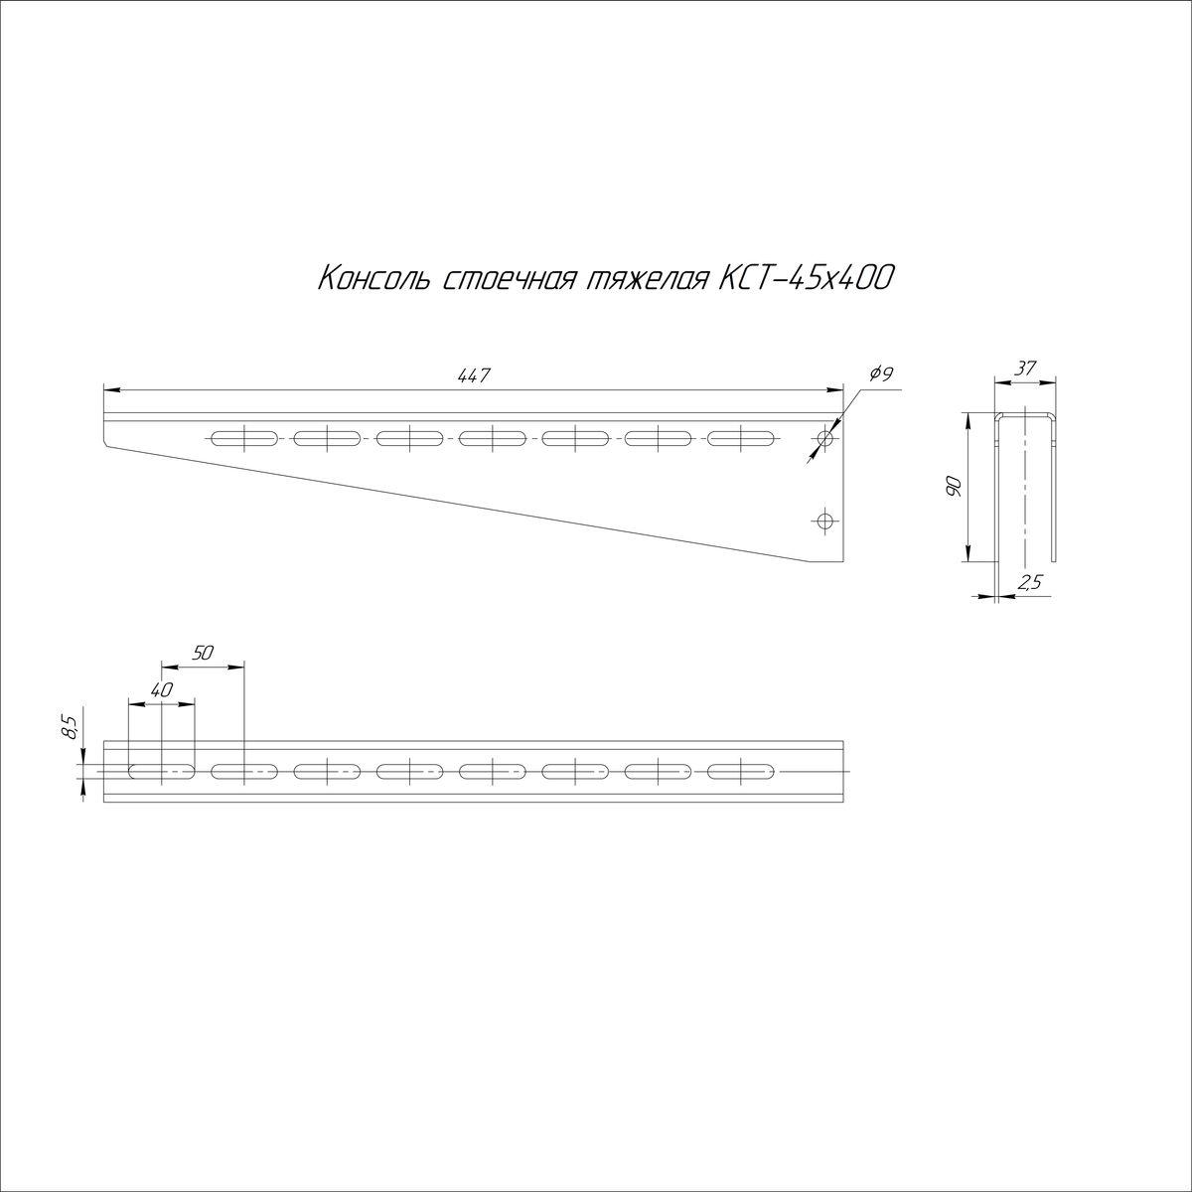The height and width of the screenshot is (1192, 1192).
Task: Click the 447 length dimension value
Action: (x=474, y=375)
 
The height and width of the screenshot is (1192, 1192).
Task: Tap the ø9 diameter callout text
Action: (x=881, y=373)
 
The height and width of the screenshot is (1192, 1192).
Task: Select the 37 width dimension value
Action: (x=1025, y=369)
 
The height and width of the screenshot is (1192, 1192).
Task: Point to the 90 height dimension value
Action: (x=954, y=487)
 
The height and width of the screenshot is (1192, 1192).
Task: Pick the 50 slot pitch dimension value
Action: (x=203, y=654)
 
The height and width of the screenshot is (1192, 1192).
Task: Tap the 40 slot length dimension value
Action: (x=162, y=690)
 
